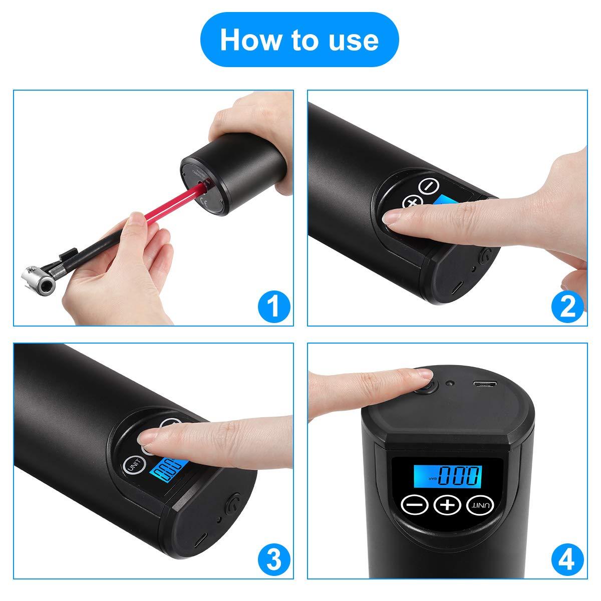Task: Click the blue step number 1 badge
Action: (x=273, y=307)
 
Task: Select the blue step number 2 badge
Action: (x=567, y=307)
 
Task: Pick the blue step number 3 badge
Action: (x=273, y=560)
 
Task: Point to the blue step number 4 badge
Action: (x=567, y=560)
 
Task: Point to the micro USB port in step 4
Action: (x=484, y=385)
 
